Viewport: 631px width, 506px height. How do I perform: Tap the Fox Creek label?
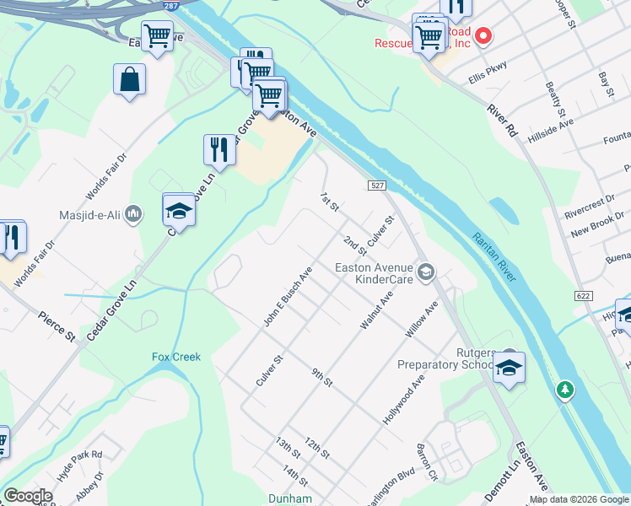[x=176, y=357]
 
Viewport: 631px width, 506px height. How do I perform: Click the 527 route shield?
[x=376, y=185]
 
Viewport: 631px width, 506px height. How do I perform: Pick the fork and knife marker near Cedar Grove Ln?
[x=219, y=150]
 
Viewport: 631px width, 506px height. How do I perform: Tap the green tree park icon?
[x=564, y=390]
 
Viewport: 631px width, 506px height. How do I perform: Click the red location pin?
[x=483, y=35]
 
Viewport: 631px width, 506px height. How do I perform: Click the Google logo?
[x=28, y=496]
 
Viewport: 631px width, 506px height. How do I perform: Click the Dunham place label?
[x=290, y=498]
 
